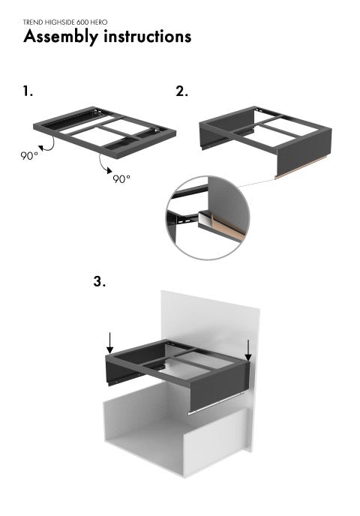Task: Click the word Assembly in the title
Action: [x=61, y=37]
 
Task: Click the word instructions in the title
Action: [x=148, y=36]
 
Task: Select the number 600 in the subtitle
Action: [x=82, y=22]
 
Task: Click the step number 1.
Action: [x=28, y=91]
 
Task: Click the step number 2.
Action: [x=181, y=91]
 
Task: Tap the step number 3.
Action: [x=100, y=281]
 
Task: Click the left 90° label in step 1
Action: [x=29, y=156]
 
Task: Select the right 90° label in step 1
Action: [x=121, y=178]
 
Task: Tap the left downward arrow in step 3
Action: [x=110, y=343]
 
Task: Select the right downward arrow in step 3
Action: [x=248, y=350]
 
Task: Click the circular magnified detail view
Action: [x=208, y=217]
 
